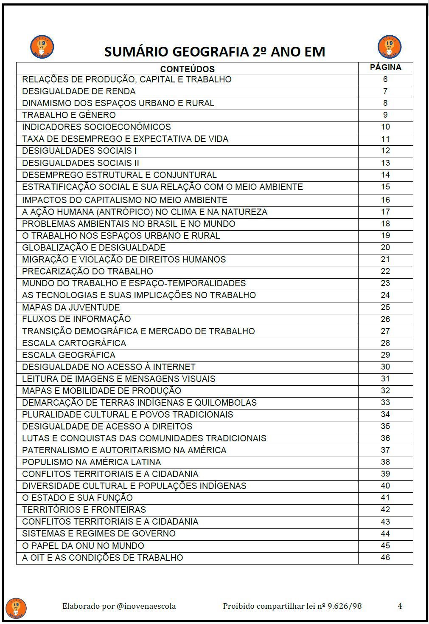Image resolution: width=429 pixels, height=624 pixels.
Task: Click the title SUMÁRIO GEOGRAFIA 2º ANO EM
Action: [215, 52]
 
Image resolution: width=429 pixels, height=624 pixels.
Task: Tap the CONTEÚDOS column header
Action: [187, 69]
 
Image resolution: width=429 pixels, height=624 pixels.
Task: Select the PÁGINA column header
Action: [385, 67]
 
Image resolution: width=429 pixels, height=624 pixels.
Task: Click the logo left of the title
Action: [42, 47]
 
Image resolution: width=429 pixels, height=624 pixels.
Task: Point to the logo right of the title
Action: [389, 47]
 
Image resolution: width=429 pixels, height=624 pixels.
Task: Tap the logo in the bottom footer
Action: [16, 608]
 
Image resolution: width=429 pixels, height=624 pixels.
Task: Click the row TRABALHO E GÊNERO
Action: [69, 115]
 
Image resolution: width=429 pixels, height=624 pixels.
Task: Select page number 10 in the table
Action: [385, 127]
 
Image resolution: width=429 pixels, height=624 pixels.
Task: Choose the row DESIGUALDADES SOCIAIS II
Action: [81, 163]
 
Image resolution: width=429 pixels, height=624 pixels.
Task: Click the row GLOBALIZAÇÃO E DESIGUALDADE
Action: [94, 248]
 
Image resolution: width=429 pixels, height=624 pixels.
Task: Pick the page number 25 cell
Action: [385, 307]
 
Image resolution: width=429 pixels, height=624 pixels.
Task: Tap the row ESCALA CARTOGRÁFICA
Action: [74, 343]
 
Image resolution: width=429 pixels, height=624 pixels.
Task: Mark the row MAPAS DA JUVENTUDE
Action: [71, 308]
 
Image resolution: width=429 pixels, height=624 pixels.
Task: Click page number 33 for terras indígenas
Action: [385, 402]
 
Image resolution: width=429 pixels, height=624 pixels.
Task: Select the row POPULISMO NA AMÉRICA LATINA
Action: [92, 462]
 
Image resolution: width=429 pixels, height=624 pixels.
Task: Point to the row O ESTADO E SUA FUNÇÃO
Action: [77, 498]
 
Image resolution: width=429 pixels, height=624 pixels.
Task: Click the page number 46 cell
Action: [385, 557]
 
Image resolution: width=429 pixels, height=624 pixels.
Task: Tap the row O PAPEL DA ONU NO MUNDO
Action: [83, 546]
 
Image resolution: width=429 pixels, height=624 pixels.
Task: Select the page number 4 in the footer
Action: [400, 606]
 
